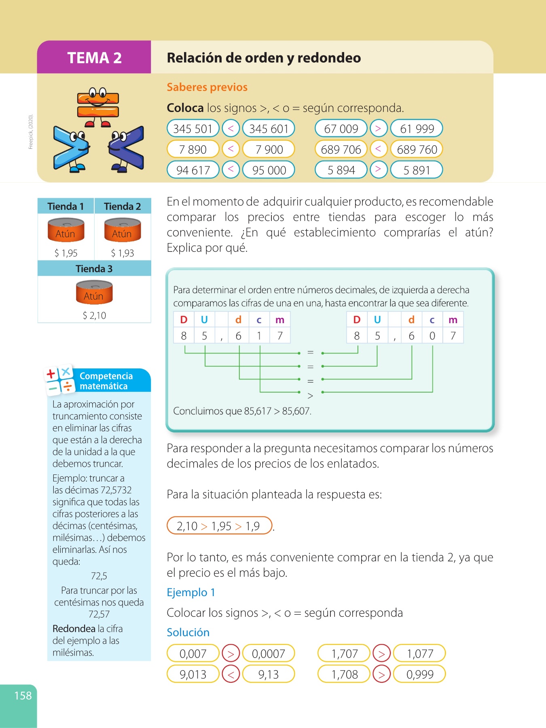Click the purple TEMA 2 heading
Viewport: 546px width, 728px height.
pos(94,57)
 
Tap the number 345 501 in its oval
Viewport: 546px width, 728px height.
pos(193,129)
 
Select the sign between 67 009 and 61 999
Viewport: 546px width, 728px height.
pos(378,129)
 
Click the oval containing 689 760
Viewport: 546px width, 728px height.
pos(417,149)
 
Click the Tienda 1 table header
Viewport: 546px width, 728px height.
pos(66,206)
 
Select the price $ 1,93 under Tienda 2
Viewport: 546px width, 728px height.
pos(123,253)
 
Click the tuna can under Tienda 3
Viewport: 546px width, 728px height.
pos(94,292)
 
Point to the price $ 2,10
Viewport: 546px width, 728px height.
pos(94,315)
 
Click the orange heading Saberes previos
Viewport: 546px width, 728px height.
pos(207,87)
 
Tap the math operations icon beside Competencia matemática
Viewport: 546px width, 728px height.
pos(59,380)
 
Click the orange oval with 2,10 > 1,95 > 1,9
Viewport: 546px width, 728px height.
pos(219,526)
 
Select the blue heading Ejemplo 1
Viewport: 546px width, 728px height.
pos(191,593)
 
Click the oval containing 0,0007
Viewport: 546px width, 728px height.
pos(269,654)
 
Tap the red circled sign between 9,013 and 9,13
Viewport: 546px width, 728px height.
pos(231,674)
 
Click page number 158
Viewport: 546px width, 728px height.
pos(23,696)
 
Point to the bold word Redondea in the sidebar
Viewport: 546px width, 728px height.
pos(74,629)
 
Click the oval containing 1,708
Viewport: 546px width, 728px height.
pos(344,674)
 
